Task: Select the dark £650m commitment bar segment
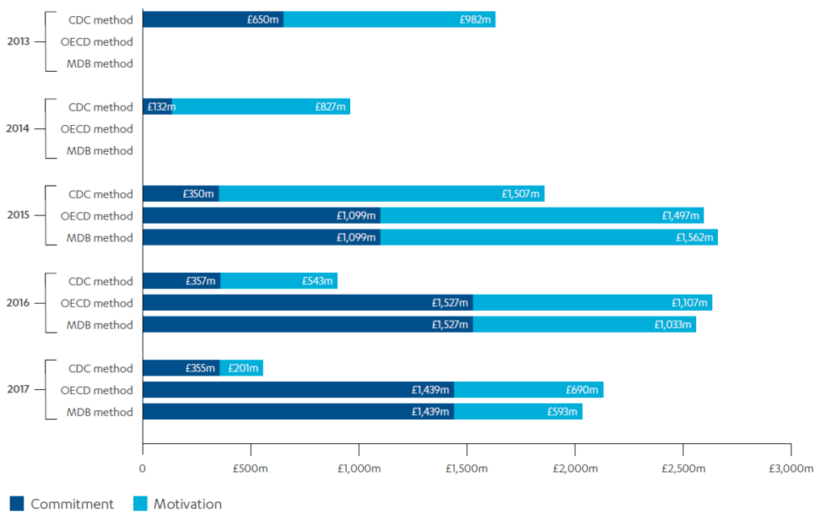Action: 213,19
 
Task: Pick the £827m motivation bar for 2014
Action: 261,107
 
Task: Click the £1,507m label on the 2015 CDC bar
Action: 520,194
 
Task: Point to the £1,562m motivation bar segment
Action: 549,237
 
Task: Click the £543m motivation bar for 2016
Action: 278,281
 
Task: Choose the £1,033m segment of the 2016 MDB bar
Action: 584,325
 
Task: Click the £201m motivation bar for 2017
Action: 242,368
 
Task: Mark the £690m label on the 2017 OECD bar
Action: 583,390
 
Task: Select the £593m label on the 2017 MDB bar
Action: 562,412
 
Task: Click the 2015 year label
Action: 19,216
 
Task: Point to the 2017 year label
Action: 19,390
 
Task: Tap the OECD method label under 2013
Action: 97,41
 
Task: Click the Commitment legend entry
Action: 72,504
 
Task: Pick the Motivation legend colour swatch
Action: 138,504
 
